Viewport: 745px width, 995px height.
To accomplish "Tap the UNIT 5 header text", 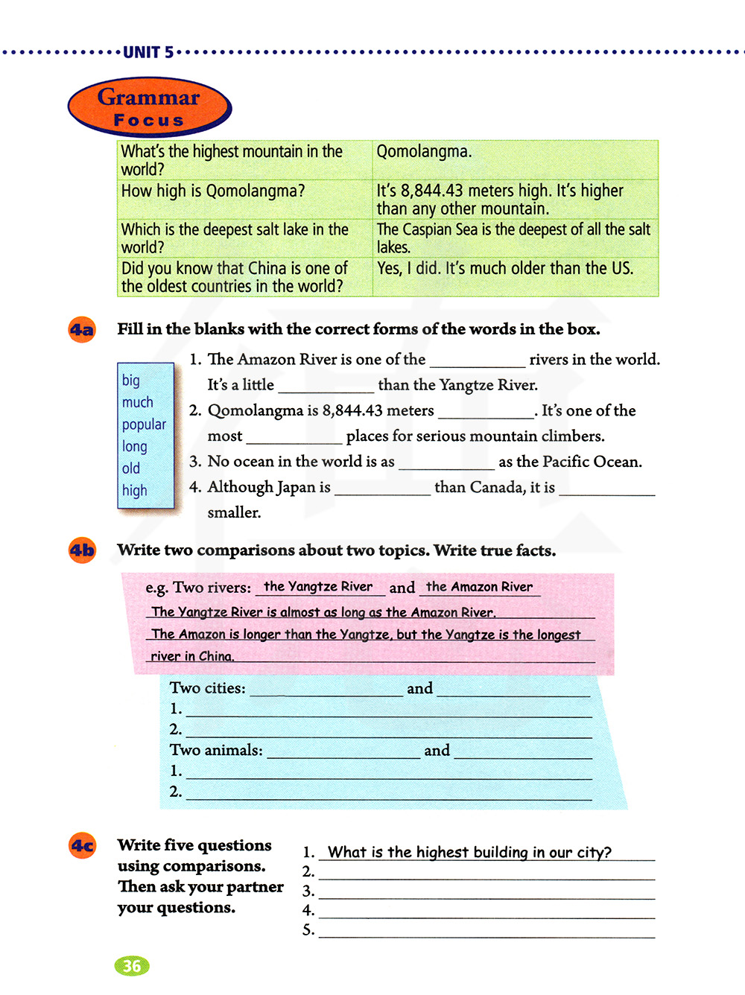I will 148,52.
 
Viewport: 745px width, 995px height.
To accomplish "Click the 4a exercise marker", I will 82,329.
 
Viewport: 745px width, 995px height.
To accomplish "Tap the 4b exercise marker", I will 82,550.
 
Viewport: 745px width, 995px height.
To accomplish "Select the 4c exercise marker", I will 82,845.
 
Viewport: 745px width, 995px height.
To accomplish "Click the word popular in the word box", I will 144,425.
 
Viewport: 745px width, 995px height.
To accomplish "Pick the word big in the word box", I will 131,381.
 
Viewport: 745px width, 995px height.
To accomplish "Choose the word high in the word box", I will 135,491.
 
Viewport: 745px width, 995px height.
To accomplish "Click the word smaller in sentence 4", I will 234,512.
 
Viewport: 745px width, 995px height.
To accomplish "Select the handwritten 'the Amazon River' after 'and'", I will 479,587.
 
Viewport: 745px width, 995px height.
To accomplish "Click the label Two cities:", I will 207,688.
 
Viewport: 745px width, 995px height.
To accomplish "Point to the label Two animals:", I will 216,750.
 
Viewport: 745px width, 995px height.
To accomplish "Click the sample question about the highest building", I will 469,852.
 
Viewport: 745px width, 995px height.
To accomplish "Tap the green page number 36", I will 132,966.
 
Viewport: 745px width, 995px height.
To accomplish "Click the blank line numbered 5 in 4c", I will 486,931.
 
